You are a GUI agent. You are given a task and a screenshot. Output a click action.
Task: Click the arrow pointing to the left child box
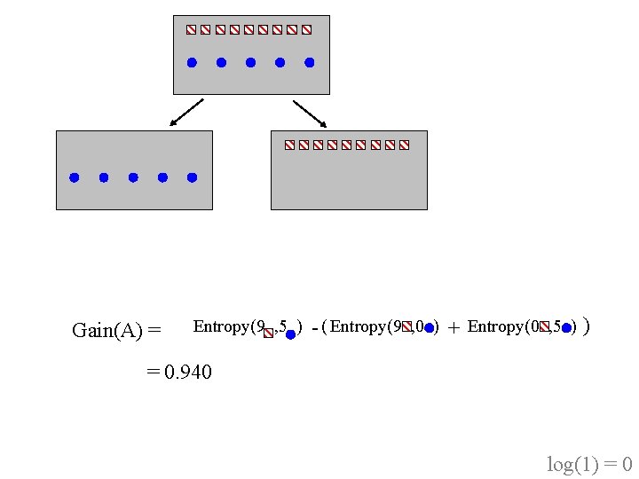pyautogui.click(x=186, y=112)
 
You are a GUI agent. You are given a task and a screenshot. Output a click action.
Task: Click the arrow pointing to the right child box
pyautogui.click(x=310, y=113)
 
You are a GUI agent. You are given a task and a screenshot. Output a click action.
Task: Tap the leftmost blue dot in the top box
pyautogui.click(x=192, y=63)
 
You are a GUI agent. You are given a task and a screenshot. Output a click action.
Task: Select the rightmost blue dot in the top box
pyautogui.click(x=310, y=63)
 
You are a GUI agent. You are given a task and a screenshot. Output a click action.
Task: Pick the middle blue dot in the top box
pyautogui.click(x=250, y=63)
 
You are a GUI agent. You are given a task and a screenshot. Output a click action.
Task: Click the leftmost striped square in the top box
pyautogui.click(x=191, y=29)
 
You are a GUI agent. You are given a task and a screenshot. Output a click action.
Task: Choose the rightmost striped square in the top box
pyautogui.click(x=306, y=29)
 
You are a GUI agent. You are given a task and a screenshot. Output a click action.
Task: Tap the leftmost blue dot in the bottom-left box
pyautogui.click(x=75, y=177)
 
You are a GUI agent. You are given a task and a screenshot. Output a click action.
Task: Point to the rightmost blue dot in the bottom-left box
pyautogui.click(x=192, y=177)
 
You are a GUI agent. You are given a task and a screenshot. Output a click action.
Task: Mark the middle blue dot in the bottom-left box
pyautogui.click(x=133, y=177)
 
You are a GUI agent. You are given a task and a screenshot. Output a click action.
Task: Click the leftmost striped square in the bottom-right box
pyautogui.click(x=289, y=145)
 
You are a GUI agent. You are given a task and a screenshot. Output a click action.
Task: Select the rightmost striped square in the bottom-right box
pyautogui.click(x=404, y=145)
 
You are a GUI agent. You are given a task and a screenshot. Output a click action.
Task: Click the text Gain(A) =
pyautogui.click(x=116, y=331)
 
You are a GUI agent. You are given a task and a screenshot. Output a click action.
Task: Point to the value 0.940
pyautogui.click(x=188, y=373)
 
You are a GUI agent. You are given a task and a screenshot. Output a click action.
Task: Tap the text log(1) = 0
pyautogui.click(x=589, y=464)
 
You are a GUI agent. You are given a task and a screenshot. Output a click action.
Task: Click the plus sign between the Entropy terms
pyautogui.click(x=454, y=328)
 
